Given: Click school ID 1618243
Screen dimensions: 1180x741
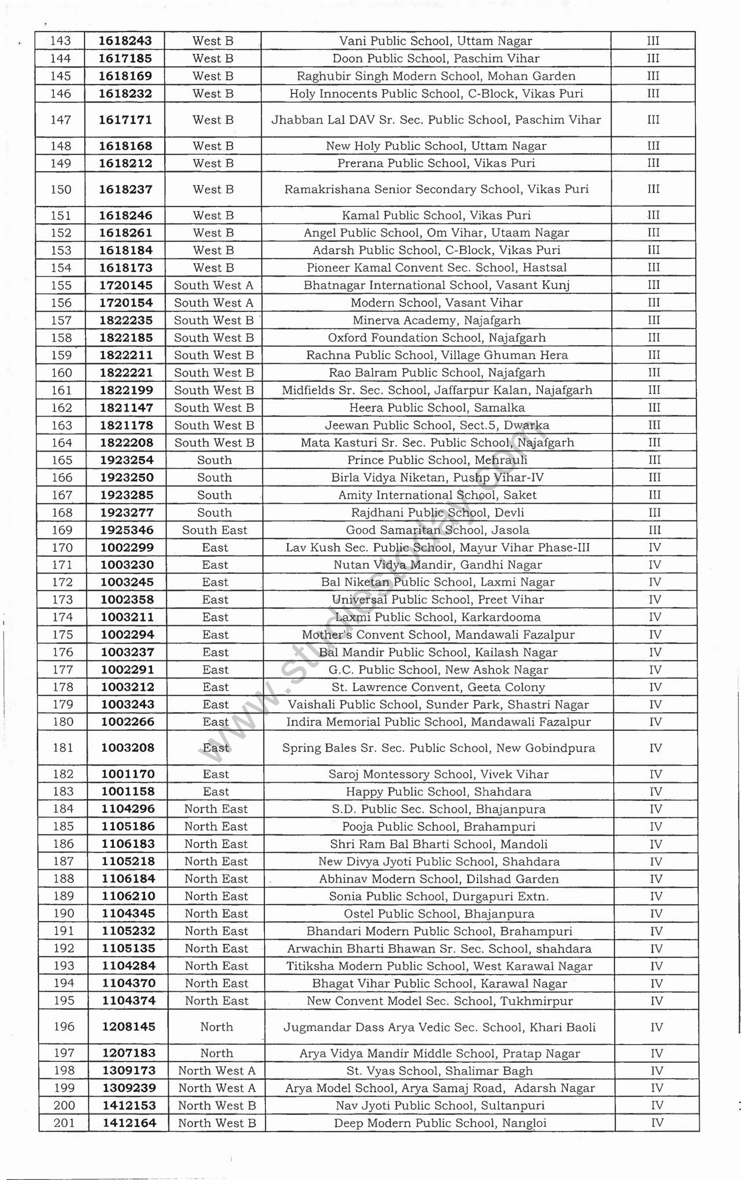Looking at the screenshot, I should (125, 41).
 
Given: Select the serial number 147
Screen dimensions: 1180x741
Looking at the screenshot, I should (60, 119).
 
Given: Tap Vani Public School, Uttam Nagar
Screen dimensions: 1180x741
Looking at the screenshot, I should (435, 41).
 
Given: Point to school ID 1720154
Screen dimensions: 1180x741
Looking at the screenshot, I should (126, 303).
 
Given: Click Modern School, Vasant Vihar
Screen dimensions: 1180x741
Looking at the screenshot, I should (436, 303).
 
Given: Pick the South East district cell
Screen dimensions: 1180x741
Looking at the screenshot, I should (215, 530).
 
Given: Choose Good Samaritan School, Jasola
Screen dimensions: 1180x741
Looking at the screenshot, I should (437, 530).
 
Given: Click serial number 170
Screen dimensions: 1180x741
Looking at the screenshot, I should (62, 547).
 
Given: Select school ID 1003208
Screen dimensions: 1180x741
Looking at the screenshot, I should (127, 748).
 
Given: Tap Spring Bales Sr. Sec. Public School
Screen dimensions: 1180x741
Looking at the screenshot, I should (439, 748).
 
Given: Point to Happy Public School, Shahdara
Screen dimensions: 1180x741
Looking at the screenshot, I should (439, 791).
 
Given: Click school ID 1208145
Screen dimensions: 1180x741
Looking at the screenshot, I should (129, 1027).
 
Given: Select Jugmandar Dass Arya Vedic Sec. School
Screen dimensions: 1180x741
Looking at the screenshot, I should (440, 1027).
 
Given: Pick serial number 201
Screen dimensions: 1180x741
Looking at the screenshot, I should (64, 1123).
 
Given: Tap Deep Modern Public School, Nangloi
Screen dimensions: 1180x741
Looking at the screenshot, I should (440, 1123).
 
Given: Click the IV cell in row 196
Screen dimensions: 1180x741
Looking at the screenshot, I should (657, 1027).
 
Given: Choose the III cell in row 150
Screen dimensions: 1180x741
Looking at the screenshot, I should (654, 189).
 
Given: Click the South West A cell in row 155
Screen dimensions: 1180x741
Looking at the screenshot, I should (214, 285).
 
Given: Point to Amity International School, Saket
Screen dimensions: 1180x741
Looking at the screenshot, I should (437, 495).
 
